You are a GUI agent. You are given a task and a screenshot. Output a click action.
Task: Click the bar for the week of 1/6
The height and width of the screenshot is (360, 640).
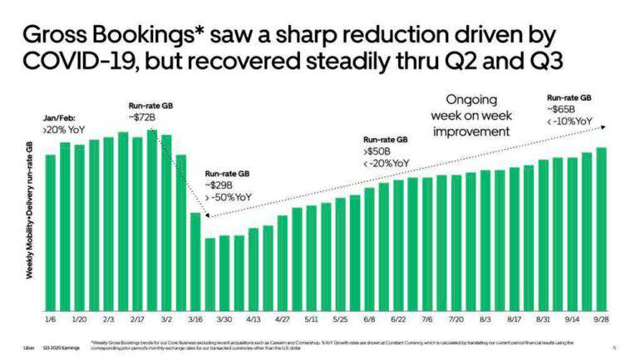50,232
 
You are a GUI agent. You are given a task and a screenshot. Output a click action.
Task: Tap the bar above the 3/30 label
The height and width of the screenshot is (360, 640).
224,274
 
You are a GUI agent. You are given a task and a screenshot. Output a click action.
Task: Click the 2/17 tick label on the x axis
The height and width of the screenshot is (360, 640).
137,318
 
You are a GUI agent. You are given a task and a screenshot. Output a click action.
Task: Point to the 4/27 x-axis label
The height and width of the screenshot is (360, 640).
283,318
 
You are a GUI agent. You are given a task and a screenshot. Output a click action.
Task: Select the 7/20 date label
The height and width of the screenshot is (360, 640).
456,318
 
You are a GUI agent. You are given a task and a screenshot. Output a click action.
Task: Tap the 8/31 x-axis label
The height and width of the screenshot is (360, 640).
544,318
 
